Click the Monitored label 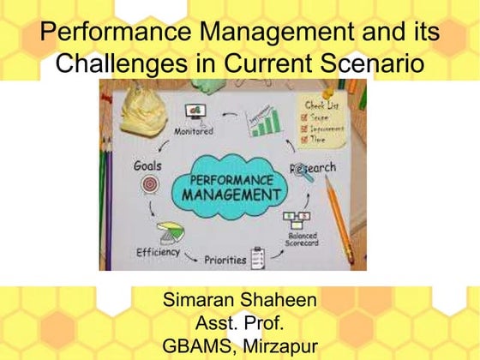[x=195, y=132]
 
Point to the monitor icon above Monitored [x=195, y=113]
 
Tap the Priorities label [x=225, y=258]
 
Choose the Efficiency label [x=157, y=252]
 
